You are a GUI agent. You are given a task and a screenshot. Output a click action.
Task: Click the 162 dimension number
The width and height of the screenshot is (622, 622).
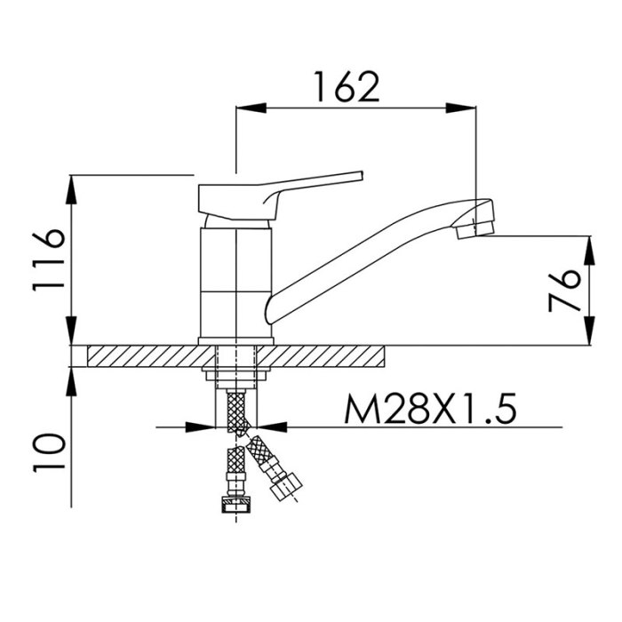[347, 86]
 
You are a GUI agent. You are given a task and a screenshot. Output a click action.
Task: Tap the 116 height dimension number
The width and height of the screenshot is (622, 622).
[48, 260]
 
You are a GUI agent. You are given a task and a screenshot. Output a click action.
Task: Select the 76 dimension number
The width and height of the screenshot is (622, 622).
[564, 290]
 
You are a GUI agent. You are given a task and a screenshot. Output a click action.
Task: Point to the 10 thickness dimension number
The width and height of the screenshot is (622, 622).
[48, 452]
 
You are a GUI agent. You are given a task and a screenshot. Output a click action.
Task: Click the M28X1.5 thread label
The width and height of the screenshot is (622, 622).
[430, 409]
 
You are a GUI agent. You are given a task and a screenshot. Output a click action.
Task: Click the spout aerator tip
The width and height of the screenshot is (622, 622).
[474, 229]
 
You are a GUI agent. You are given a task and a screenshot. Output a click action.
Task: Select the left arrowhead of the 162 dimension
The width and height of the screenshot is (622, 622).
[251, 108]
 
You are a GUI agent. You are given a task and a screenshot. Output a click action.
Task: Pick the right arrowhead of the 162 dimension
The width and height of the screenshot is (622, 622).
[460, 108]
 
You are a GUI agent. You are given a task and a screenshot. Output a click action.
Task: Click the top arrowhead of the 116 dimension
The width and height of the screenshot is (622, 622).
[71, 189]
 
